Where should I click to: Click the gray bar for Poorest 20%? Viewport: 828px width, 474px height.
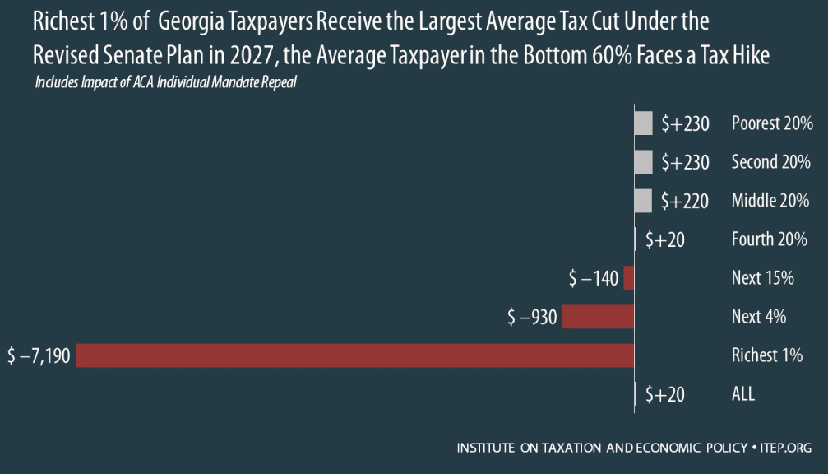[x=644, y=123]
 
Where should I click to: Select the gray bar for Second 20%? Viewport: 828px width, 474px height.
[x=644, y=162]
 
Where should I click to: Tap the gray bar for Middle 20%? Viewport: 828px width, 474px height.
[x=644, y=200]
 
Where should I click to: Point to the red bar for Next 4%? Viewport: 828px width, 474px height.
[x=598, y=317]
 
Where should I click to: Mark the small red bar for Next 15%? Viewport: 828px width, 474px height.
[x=629, y=278]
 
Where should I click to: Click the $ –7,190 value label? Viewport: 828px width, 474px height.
[x=39, y=355]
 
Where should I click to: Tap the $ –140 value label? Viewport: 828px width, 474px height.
[x=594, y=278]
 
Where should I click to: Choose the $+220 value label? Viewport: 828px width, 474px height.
[x=685, y=200]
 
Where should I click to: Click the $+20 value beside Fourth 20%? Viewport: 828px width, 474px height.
[x=664, y=239]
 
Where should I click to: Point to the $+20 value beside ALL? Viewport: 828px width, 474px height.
[x=664, y=394]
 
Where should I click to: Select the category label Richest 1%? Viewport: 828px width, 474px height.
[x=766, y=355]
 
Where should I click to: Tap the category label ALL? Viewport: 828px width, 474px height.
[x=743, y=394]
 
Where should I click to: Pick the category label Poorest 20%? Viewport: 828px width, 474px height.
[x=772, y=123]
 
